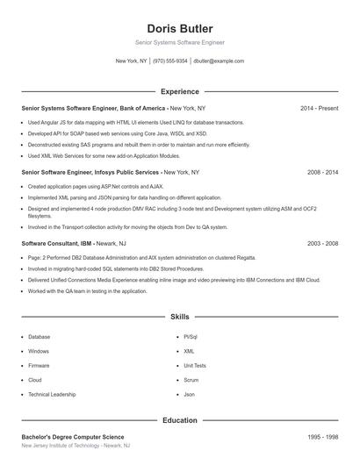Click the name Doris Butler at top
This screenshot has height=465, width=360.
[180, 29]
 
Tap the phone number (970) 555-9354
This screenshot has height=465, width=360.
[170, 61]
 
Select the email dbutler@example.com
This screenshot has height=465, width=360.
[219, 61]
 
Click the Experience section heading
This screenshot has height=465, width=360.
[180, 91]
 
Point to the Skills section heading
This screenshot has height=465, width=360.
[180, 316]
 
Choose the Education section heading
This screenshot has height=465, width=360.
[180, 420]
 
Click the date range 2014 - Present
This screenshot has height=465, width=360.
[319, 108]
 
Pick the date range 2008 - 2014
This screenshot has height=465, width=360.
[322, 173]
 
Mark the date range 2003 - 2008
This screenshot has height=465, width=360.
[322, 243]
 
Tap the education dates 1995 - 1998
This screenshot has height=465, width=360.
[322, 437]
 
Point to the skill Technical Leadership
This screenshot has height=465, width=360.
[52, 395]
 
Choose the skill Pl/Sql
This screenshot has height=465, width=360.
[191, 337]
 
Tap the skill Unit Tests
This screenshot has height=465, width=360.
[195, 366]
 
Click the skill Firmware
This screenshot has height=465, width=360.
[39, 366]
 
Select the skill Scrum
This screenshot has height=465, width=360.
[191, 380]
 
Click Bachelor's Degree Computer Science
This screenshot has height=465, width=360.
[73, 437]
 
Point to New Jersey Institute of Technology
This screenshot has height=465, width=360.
[76, 446]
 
